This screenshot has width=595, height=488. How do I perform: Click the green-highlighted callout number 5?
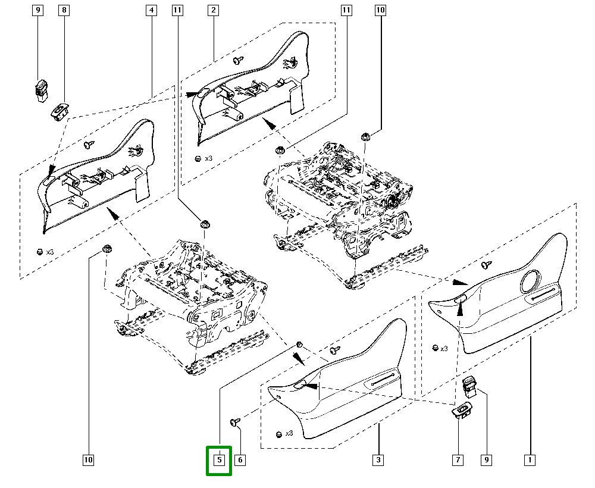tap(219, 460)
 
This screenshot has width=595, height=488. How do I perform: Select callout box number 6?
tap(240, 460)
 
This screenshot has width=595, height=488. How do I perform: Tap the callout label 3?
tap(378, 460)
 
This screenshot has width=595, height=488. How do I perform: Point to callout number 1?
tap(529, 460)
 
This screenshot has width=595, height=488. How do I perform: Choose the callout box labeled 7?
tap(459, 460)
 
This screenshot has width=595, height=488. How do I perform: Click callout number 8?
tap(64, 10)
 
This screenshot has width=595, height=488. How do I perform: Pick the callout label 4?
tap(151, 10)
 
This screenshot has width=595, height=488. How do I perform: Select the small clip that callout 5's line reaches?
tap(300, 345)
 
